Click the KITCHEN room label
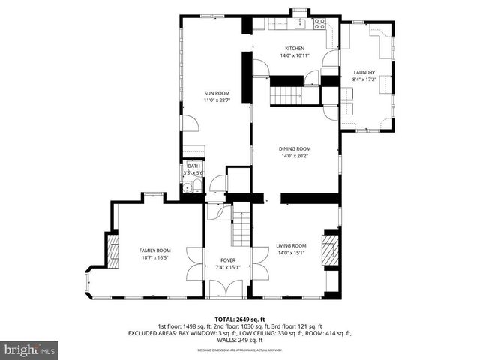point(294,48)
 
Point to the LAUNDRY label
point(364,73)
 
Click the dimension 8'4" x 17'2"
point(364,79)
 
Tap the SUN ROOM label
point(217,93)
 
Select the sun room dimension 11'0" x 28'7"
point(217,100)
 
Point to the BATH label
point(193,166)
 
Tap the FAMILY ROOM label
point(155,250)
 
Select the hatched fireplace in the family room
point(114,251)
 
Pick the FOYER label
point(228,259)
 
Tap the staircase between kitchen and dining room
point(286,95)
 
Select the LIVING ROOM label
point(291,245)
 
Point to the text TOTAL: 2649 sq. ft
point(240,319)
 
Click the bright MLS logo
point(30,349)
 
